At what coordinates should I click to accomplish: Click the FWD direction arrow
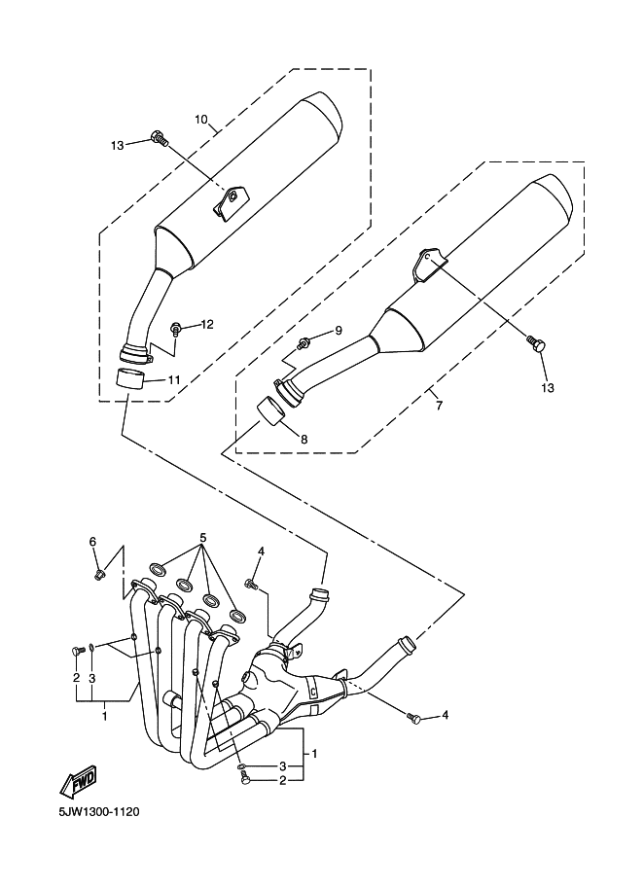coord(78,782)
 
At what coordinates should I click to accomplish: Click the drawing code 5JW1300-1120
coord(98,812)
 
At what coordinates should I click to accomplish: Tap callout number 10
coord(201,120)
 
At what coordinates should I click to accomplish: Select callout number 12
coord(207,324)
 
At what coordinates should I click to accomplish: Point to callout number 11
coord(173,379)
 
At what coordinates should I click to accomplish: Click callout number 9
coord(339,330)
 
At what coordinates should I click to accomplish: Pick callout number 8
coord(304,439)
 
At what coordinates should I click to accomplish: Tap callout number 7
coord(440,406)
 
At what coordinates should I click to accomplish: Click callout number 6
coord(92,542)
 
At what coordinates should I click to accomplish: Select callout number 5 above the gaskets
coord(202,537)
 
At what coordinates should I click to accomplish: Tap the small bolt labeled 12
coord(176,328)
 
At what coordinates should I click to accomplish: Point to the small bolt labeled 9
coord(304,342)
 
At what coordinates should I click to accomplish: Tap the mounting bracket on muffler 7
coord(429,263)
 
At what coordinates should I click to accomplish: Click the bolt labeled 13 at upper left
coord(160,138)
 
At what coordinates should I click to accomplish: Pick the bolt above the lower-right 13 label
coord(536,343)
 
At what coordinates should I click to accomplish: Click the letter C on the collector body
coord(312,692)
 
